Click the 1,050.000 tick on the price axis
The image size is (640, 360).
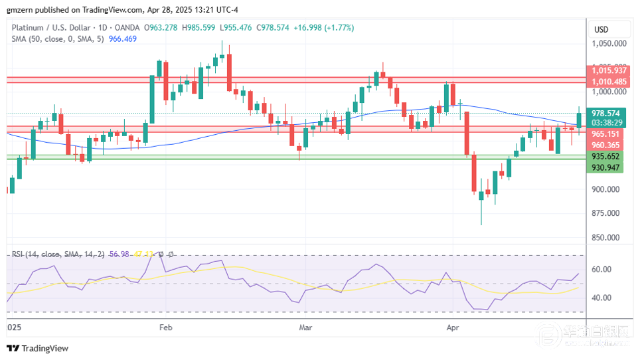point(609,44)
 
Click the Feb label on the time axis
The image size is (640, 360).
point(165,327)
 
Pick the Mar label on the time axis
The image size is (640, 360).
point(305,327)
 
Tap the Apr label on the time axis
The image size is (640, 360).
point(453,327)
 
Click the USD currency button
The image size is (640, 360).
point(601,29)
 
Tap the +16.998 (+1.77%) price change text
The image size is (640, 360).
point(325,27)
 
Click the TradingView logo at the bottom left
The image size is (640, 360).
point(38,349)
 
